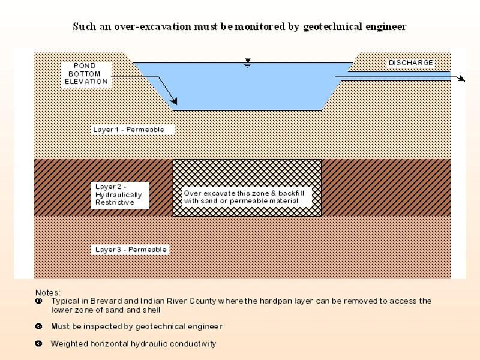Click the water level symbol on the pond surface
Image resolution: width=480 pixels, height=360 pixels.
[x=247, y=63]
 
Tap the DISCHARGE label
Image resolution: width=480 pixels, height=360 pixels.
[x=410, y=62]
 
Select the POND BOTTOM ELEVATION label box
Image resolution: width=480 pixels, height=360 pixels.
[x=86, y=73]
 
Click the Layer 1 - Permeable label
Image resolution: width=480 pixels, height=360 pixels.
[x=128, y=130]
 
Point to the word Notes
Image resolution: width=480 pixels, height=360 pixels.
[x=47, y=292]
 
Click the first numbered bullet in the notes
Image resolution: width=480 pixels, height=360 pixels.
[x=39, y=301]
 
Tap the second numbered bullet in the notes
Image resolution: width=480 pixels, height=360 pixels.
[x=39, y=326]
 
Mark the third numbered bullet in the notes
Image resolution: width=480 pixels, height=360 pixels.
[x=39, y=344]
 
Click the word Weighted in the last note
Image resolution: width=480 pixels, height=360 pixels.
[x=68, y=344]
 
